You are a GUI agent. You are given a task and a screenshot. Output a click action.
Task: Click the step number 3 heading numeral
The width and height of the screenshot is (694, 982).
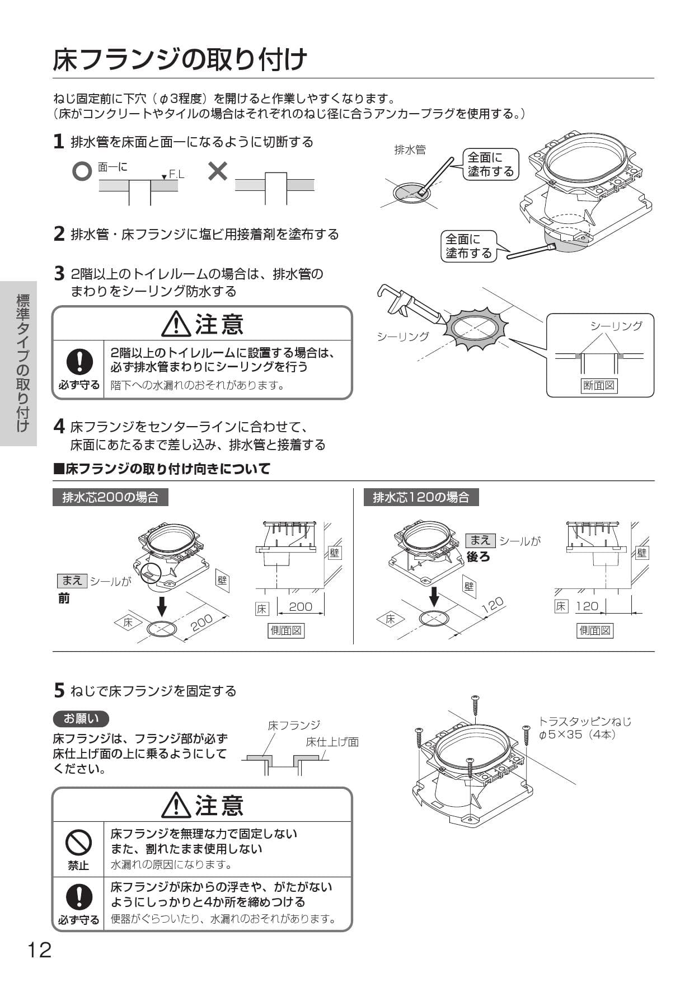pos(59,274)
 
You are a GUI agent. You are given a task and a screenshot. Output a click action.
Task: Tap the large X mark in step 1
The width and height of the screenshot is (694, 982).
pos(217,171)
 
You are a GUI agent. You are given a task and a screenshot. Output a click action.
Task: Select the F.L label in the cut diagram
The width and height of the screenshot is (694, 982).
pos(176,175)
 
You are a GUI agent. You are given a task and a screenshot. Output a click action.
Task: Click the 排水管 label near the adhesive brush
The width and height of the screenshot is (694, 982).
pos(410,149)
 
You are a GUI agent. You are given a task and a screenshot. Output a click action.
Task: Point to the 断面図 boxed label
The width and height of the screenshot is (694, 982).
pos(599,385)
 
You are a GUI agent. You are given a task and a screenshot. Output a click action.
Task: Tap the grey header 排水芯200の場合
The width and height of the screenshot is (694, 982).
pos(110,497)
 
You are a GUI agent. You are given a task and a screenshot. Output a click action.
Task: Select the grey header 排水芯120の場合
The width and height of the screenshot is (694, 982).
pos(421,497)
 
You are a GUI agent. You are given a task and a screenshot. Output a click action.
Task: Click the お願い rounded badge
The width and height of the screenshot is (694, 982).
pos(81,718)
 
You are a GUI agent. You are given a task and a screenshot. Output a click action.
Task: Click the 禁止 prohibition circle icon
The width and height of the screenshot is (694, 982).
pos(78,841)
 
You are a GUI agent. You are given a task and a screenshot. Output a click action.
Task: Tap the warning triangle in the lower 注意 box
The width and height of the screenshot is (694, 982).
pos(176,805)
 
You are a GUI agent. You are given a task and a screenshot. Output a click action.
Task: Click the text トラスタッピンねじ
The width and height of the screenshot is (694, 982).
pos(585,721)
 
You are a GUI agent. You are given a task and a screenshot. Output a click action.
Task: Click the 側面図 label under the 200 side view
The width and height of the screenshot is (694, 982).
pos(286,630)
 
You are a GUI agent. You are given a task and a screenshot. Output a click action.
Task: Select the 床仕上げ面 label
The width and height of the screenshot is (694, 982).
pos(332,742)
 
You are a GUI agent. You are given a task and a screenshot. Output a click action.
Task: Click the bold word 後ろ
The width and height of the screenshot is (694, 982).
pos(478,557)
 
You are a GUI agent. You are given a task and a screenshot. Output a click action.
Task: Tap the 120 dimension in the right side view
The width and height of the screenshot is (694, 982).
pos(587,606)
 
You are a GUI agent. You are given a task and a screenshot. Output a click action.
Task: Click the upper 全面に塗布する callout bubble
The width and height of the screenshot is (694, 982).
pos(490,165)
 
